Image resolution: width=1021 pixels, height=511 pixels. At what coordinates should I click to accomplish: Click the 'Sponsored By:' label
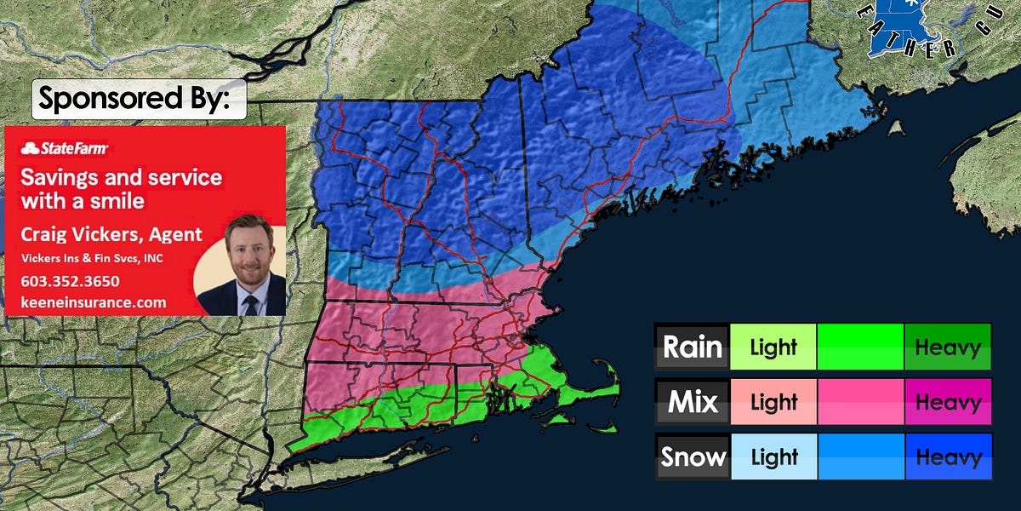(x=134, y=100)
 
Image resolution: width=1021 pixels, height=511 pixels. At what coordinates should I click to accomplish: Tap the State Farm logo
(x=65, y=149)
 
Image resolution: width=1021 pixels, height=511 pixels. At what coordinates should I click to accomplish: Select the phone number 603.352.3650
(x=70, y=281)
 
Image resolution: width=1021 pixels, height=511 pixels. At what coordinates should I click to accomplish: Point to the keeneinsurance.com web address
(x=94, y=301)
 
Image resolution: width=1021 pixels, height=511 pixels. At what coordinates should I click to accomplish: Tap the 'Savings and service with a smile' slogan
(x=121, y=189)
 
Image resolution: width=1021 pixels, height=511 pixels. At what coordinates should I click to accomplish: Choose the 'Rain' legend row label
(x=693, y=347)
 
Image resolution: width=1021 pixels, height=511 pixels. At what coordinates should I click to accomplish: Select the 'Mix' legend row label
(x=693, y=402)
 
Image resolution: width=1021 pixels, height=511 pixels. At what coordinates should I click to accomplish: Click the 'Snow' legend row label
(x=693, y=457)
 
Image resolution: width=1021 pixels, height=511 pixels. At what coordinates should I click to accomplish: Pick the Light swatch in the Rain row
(x=773, y=347)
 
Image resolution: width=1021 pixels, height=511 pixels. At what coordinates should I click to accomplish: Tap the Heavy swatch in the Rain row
(x=948, y=347)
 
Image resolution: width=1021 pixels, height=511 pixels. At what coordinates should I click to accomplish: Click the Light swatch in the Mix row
(x=773, y=402)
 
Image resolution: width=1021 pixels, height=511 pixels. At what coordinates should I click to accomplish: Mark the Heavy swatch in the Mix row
(x=948, y=402)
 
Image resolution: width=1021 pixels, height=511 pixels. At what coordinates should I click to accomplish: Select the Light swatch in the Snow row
(x=773, y=457)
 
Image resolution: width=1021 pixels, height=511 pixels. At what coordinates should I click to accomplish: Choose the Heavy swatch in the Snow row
(x=948, y=457)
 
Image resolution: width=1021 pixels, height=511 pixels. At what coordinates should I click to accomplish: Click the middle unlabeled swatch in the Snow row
(x=860, y=457)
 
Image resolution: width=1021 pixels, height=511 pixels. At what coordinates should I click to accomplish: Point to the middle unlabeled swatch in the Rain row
(x=860, y=347)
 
